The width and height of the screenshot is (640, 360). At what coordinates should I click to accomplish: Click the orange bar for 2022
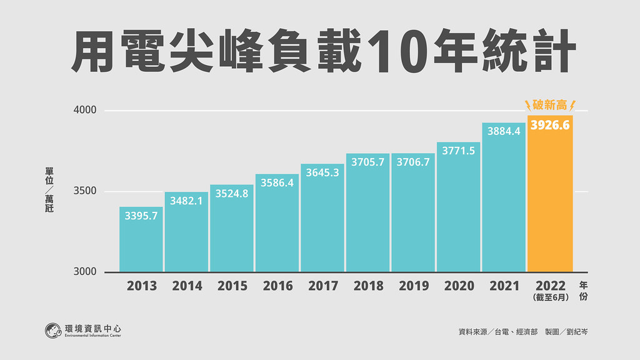550,194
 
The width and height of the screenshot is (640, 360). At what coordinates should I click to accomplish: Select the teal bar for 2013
141,239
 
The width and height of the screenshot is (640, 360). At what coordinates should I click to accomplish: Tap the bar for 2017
322,218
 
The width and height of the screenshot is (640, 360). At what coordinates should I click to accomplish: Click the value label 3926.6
550,125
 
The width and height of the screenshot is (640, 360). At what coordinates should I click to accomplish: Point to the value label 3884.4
504,131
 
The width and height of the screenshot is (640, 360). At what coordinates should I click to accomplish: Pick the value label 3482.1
186,201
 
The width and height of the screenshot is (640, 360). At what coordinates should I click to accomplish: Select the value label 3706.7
413,162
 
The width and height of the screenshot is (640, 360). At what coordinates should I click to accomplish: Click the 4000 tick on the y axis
85,110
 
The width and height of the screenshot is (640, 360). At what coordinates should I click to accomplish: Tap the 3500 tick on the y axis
85,191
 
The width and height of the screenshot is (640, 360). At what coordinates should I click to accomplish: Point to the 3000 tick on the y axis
85,271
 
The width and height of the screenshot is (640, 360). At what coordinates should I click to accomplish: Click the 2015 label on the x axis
232,286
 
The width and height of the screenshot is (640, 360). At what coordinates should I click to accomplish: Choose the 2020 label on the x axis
459,286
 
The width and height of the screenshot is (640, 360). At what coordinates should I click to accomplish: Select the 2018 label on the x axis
369,286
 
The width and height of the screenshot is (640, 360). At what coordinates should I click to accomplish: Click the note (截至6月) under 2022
551,297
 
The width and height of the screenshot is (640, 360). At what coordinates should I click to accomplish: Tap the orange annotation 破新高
550,105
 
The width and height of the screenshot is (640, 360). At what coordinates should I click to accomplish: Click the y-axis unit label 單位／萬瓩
49,190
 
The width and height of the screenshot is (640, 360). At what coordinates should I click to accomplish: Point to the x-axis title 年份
584,291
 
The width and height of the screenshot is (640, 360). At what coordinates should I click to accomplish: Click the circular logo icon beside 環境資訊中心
53,331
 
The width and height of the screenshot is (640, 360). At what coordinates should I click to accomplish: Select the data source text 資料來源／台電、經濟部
498,332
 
